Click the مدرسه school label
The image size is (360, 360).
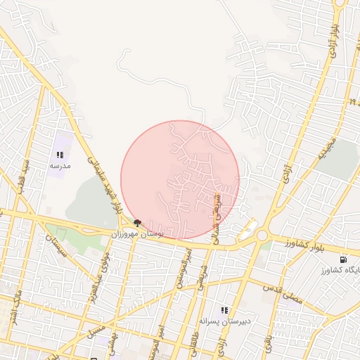click(x=60, y=166)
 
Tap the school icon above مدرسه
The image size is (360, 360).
click(x=60, y=155)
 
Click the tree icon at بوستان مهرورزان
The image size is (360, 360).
click(x=136, y=222)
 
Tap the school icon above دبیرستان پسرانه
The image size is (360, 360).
click(x=224, y=309)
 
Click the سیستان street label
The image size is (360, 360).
click(x=55, y=246)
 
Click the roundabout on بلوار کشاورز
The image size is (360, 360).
click(x=262, y=236)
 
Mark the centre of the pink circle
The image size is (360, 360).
click(x=180, y=180)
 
